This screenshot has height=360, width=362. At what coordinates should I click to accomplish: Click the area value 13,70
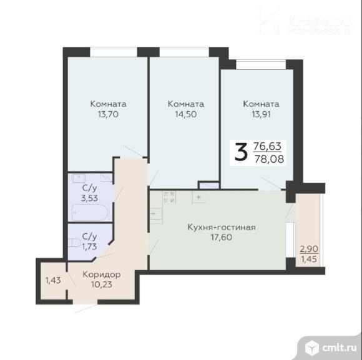pyautogui.click(x=108, y=114)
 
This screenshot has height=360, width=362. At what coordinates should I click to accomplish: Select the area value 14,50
pyautogui.click(x=186, y=114)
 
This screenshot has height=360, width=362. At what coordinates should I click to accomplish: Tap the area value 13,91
pyautogui.click(x=261, y=114)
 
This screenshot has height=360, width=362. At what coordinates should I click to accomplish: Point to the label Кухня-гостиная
pyautogui.click(x=221, y=227)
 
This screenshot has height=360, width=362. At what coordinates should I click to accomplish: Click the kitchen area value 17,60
pyautogui.click(x=221, y=238)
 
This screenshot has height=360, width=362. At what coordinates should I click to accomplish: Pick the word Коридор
pyautogui.click(x=102, y=274)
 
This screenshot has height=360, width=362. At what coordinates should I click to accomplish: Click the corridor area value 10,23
pyautogui.click(x=102, y=285)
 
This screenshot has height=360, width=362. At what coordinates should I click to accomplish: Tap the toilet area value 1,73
pyautogui.click(x=90, y=246)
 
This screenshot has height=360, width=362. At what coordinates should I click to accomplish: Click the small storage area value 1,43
pyautogui.click(x=54, y=280)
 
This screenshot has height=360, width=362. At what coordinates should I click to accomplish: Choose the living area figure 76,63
pyautogui.click(x=267, y=145)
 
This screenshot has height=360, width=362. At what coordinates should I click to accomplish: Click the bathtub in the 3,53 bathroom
pyautogui.click(x=89, y=213)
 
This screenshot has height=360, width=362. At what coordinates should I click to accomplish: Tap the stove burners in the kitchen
pyautogui.click(x=169, y=197)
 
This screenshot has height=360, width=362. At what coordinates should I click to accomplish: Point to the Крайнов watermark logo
pyautogui.click(x=268, y=21)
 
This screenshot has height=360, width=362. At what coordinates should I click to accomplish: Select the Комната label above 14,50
pyautogui.click(x=186, y=104)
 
